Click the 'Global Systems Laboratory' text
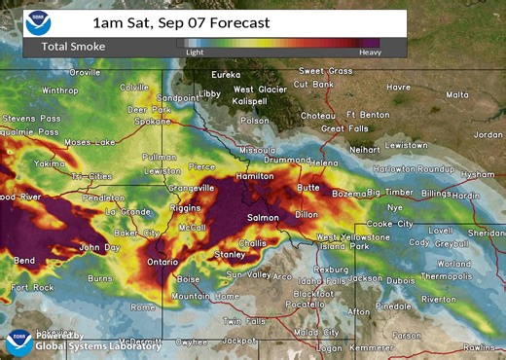[86, 345]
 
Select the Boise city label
[189, 279]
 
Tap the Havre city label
[398, 86]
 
